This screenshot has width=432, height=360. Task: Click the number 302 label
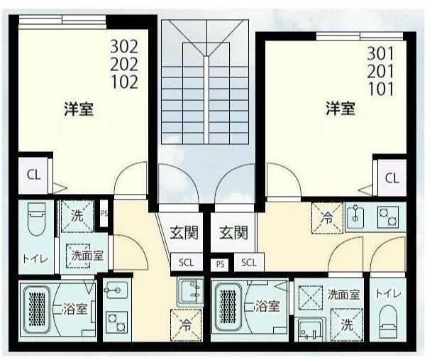click(x=125, y=48)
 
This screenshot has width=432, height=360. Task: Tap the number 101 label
click(x=382, y=89)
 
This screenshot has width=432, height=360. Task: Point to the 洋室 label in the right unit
click(x=340, y=109)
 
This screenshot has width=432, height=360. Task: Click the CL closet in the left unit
click(x=33, y=175)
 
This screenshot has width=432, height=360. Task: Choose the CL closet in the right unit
click(x=392, y=179)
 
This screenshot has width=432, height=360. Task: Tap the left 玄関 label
click(x=183, y=232)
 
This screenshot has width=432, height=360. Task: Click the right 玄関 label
click(x=233, y=232)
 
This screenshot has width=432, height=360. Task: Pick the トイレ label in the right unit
click(x=387, y=293)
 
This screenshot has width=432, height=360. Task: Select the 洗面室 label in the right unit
click(x=343, y=293)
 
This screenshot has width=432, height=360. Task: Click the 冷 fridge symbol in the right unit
click(x=327, y=216)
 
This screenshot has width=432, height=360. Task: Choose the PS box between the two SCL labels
click(x=220, y=263)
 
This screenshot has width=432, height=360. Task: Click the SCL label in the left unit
click(x=185, y=262)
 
